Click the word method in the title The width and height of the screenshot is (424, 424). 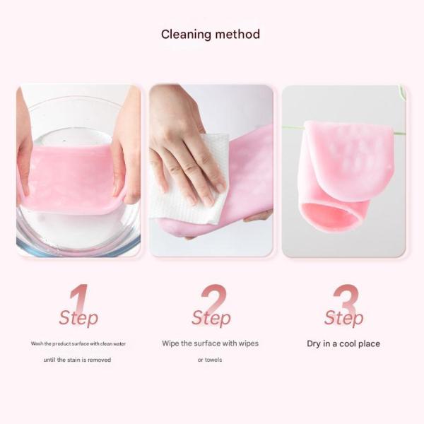click(x=237, y=34)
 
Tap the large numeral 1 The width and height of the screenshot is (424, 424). click(x=79, y=298)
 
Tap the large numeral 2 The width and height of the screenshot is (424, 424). click(x=213, y=298)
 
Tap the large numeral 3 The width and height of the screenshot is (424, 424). click(x=346, y=298)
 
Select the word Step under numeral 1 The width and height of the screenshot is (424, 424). click(x=78, y=318)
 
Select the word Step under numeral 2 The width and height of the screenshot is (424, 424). click(x=211, y=318)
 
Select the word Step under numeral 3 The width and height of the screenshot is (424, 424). click(x=344, y=318)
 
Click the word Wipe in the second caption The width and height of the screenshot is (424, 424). click(x=171, y=343)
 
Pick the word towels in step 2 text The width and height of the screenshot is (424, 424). click(x=214, y=360)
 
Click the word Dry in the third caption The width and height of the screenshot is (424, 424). click(x=314, y=344)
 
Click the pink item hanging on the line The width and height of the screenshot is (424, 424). click(x=346, y=163)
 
